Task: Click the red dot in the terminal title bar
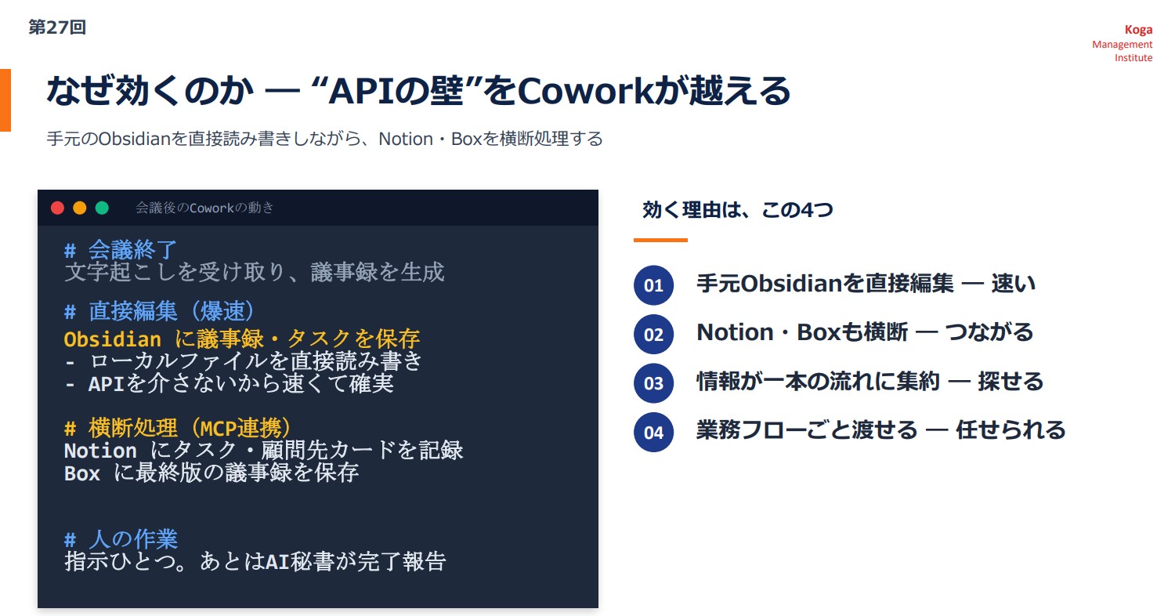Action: [x=58, y=208]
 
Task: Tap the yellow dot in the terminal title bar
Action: [x=80, y=208]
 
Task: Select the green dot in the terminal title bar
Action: [x=103, y=208]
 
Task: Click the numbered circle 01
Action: [x=653, y=285]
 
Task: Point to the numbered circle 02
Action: [x=653, y=334]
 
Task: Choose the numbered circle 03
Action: [x=653, y=383]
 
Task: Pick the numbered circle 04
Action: [x=653, y=433]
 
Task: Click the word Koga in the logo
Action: [x=1138, y=30]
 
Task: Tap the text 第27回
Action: [x=57, y=27]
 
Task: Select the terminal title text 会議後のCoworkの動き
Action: [x=204, y=208]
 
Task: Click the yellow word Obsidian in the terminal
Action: [x=112, y=339]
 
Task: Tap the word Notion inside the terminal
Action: [x=100, y=451]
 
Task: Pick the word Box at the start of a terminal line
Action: [x=81, y=473]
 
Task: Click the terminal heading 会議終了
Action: [x=132, y=250]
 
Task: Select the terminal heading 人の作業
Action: [x=133, y=539]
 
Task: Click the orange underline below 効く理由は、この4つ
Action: [x=660, y=241]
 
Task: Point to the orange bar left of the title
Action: [x=5, y=100]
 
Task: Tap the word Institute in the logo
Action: [x=1133, y=58]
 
